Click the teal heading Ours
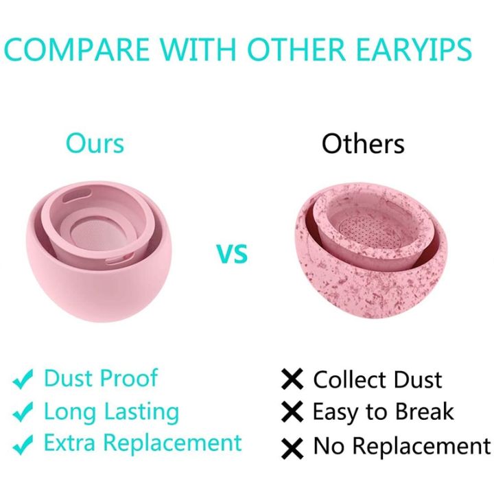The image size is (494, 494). pyautogui.click(x=95, y=143)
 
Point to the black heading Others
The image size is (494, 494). pyautogui.click(x=363, y=144)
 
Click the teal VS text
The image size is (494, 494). pyautogui.click(x=233, y=254)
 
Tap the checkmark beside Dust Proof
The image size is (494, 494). pyautogui.click(x=23, y=379)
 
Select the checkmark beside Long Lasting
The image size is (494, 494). pyautogui.click(x=23, y=412)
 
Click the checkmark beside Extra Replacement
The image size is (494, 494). pyautogui.click(x=23, y=444)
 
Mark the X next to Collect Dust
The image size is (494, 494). pyautogui.click(x=292, y=379)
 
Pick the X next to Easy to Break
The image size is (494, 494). pyautogui.click(x=292, y=412)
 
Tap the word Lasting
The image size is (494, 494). pyautogui.click(x=141, y=412)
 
